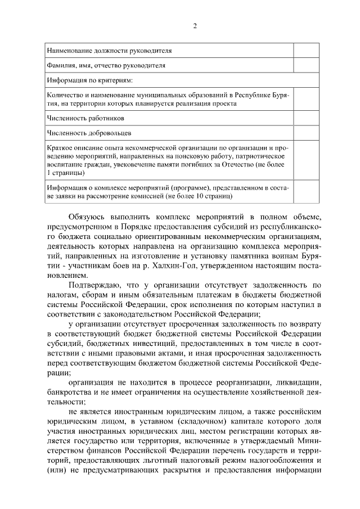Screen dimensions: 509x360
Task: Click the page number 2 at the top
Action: click(x=195, y=26)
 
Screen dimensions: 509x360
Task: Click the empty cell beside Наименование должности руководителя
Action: click(x=307, y=51)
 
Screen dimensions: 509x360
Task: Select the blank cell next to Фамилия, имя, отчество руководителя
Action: click(x=307, y=65)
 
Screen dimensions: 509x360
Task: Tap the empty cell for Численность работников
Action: click(x=307, y=119)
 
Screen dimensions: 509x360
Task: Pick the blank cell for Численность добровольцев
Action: click(x=307, y=133)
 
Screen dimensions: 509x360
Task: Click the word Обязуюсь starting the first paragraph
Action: click(x=87, y=215)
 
